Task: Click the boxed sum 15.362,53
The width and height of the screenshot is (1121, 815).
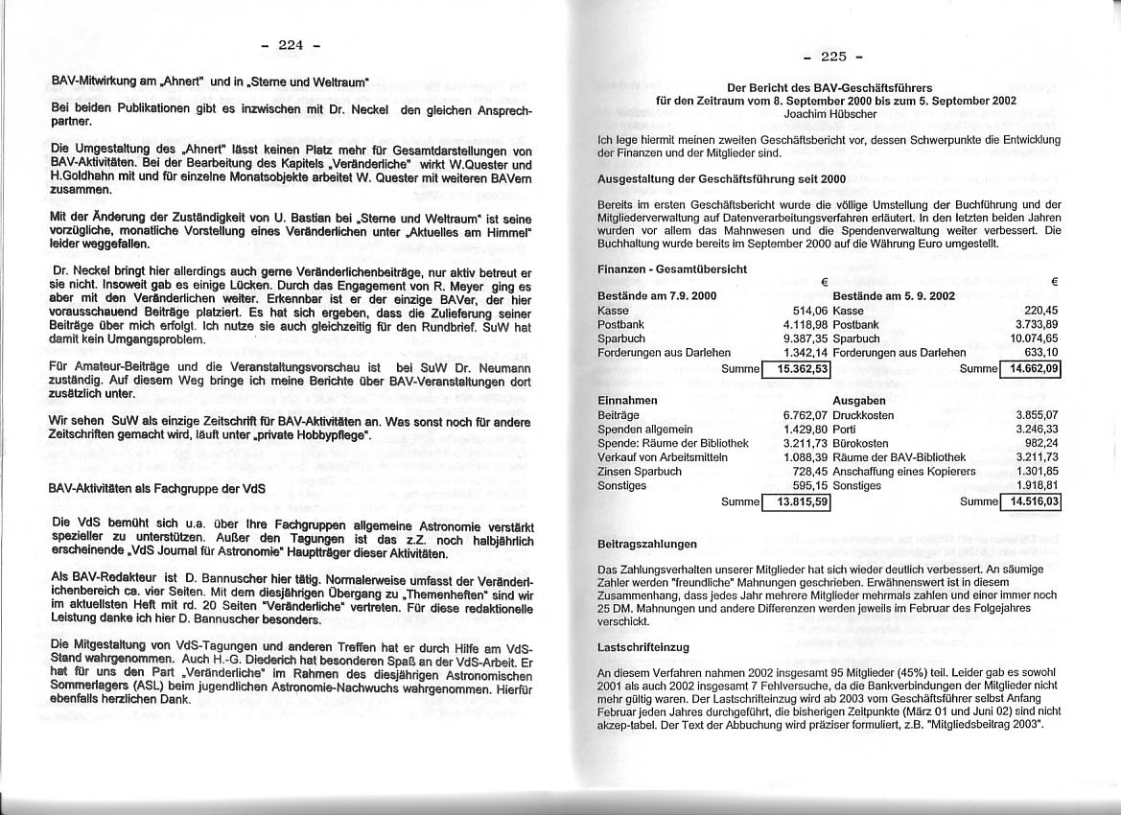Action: [796, 369]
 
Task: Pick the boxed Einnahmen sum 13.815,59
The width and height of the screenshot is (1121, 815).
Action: [796, 501]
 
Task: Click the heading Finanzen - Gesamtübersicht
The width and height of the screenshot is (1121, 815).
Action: [671, 269]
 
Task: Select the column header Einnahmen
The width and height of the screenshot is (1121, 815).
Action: [628, 400]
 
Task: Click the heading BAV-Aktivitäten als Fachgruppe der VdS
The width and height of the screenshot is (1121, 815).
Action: [156, 488]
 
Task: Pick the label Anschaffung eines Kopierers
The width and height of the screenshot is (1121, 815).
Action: [904, 472]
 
